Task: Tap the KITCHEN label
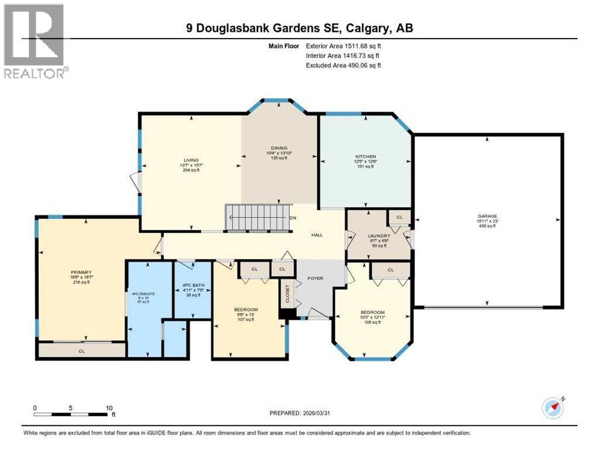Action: [x=365, y=156]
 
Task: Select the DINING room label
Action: [x=278, y=148]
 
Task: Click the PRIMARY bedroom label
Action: [x=80, y=272]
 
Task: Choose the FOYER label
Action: [x=315, y=279]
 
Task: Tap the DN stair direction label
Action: [x=293, y=218]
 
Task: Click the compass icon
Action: [x=553, y=408]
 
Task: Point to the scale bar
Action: [x=72, y=414]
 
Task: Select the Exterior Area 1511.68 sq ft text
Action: [x=343, y=45]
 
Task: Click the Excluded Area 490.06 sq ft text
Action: [x=343, y=65]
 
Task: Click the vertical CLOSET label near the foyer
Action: [x=287, y=294]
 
